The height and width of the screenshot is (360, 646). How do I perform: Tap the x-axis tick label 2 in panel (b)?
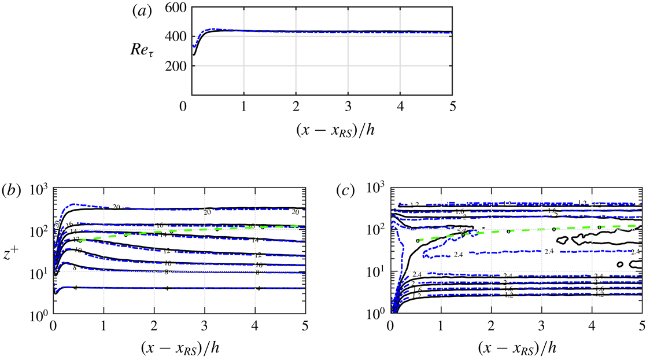(x=154, y=326)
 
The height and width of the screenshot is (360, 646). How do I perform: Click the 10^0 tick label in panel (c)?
(x=376, y=315)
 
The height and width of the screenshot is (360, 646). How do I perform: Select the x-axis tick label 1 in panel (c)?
(x=442, y=326)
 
